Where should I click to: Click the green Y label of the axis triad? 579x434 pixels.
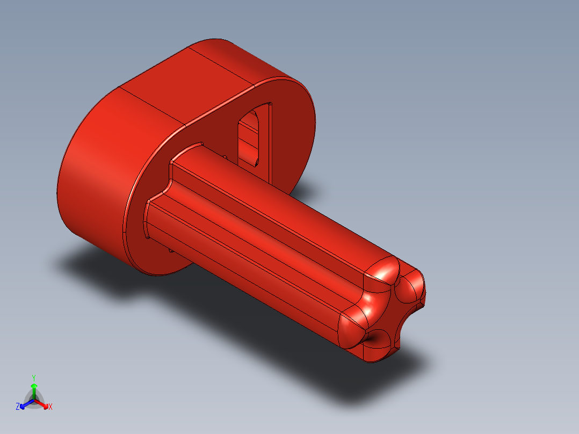click(33, 378)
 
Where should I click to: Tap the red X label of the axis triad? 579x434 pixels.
click(50, 407)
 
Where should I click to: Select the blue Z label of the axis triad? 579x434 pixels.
click(18, 407)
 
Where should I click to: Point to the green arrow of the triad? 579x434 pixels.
click(33, 389)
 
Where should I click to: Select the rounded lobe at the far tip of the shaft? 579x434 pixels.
click(414, 285)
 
